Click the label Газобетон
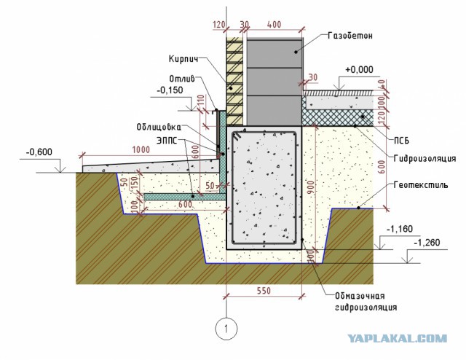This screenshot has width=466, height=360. tap(350, 36)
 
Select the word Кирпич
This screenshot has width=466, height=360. tap(183, 59)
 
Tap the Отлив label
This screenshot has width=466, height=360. tap(182, 79)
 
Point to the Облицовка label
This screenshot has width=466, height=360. tap(159, 127)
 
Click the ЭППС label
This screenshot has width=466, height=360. tap(167, 141)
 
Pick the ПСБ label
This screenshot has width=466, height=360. tap(401, 141)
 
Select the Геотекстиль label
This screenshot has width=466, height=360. tap(421, 185)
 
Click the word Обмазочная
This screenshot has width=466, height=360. tap(360, 296)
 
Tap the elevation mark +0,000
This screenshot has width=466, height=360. tap(359, 70)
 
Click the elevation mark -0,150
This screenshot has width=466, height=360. tap(170, 90)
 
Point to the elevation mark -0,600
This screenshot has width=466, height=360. tap(39, 152)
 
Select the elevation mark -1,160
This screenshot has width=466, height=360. tap(400, 229)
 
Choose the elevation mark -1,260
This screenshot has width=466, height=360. tap(427, 243)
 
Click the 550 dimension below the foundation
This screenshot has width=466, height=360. tap(264, 291)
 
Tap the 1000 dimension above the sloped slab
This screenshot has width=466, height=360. tap(141, 149)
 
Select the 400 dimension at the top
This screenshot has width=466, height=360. tap(274, 24)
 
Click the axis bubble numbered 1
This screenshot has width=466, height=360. tap(226, 329)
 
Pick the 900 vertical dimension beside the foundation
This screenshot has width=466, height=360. tap(311, 188)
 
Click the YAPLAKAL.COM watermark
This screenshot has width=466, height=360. tap(398, 338)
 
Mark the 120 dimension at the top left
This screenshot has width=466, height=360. tap(219, 24)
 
